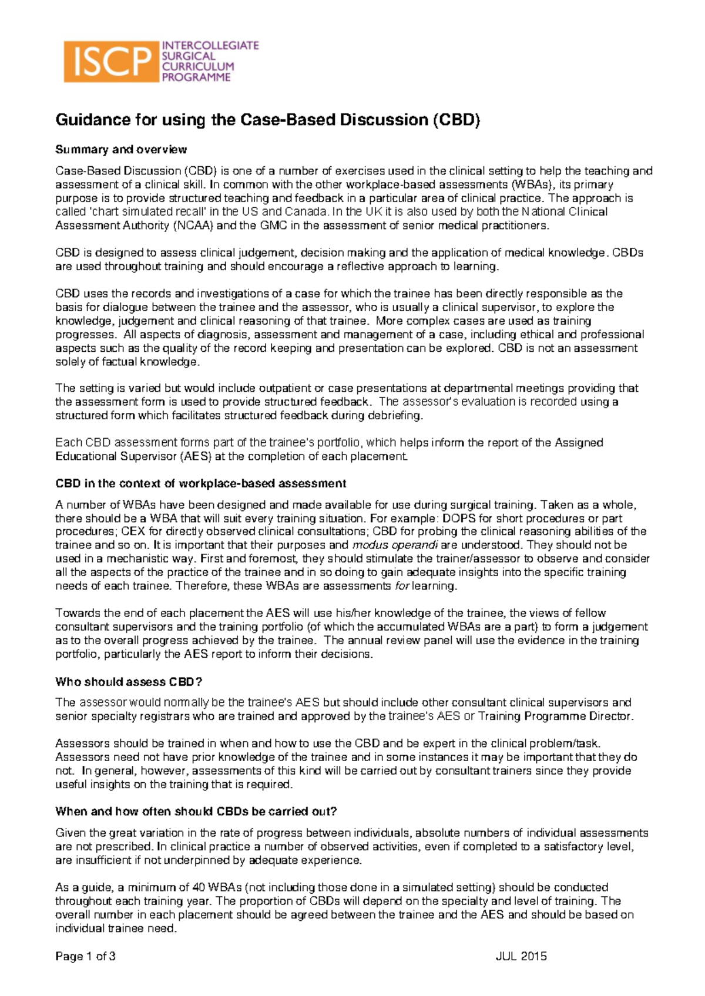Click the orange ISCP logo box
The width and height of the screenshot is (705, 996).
tap(110, 62)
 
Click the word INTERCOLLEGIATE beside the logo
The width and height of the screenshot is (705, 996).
tap(210, 45)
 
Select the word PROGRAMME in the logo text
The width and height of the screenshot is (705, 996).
tap(196, 77)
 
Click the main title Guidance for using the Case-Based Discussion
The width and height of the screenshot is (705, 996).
tap(268, 120)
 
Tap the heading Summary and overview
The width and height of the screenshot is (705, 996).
tap(121, 149)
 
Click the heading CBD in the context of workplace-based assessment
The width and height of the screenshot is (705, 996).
tap(200, 483)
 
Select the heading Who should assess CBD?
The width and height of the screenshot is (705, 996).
tap(129, 681)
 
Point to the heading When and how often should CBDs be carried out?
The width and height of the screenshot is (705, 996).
tap(196, 811)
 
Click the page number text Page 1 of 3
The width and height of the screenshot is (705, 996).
tap(85, 956)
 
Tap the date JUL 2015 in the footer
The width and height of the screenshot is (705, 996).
tap(521, 956)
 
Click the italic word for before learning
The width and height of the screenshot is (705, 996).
tap(402, 586)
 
